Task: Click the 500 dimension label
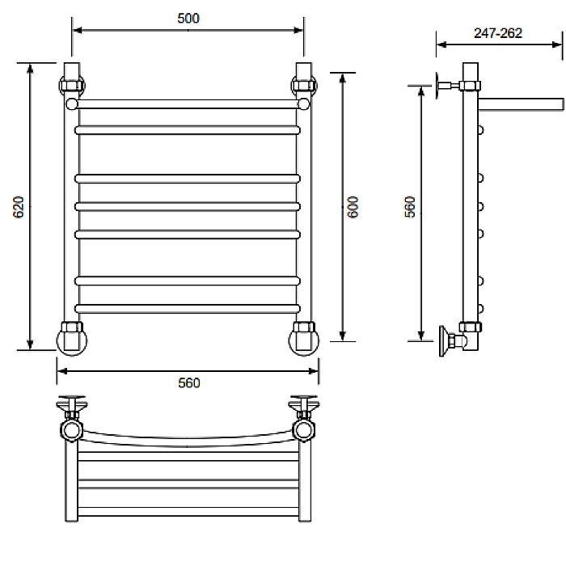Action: coord(188,19)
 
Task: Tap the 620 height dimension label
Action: coord(18,207)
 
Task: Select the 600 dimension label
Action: coord(353,207)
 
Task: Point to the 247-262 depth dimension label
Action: coord(498,33)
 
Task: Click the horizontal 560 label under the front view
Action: coord(188,382)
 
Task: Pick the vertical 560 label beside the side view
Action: coord(410,207)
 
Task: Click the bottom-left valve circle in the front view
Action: coord(72,340)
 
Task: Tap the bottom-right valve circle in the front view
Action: coord(304,340)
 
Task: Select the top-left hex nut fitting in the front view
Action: coord(72,86)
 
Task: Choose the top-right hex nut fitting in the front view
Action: coord(304,86)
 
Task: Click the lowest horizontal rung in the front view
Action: coord(188,309)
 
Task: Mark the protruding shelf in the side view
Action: coord(521,104)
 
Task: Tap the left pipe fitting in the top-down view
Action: coord(72,419)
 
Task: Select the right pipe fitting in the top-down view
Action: coord(304,419)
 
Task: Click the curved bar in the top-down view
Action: coord(188,441)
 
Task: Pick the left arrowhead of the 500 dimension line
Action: coord(77,30)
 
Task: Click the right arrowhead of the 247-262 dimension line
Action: coord(557,44)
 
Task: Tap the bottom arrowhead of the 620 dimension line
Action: coord(31,344)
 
